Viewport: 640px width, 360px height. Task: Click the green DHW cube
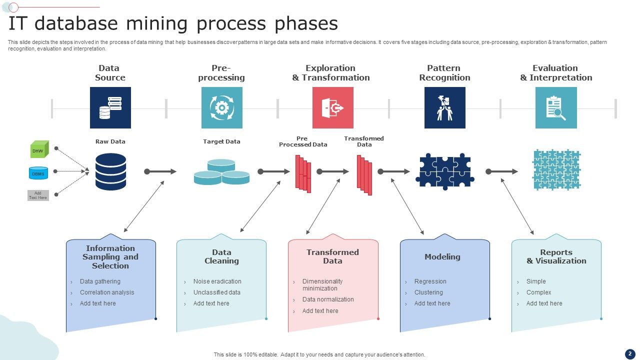pos(39,149)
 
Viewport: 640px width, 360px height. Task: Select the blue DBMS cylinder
pos(38,173)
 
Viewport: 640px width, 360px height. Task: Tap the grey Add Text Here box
pos(38,195)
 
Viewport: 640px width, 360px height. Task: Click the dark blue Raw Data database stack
pos(110,171)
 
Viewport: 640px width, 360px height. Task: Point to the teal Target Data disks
pos(221,172)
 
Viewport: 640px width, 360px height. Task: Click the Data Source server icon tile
pos(110,107)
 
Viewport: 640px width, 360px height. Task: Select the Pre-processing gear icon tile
pos(221,107)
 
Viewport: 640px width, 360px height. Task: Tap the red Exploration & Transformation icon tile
pos(332,107)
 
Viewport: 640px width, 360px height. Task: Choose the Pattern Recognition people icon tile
pos(444,107)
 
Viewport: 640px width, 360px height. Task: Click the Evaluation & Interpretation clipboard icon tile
pos(555,107)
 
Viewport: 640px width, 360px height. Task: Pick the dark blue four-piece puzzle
pos(444,171)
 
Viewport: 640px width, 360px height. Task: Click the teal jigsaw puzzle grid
pos(556,170)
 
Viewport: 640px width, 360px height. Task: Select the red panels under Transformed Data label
pos(364,174)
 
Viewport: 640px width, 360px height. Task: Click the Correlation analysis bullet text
pos(107,292)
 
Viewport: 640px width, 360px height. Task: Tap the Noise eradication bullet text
pos(217,281)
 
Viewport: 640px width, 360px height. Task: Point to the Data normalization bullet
pos(328,299)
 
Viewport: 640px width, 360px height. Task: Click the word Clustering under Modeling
pos(428,292)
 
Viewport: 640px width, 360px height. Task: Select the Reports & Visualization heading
pos(556,256)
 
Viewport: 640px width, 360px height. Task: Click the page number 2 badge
pos(630,354)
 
